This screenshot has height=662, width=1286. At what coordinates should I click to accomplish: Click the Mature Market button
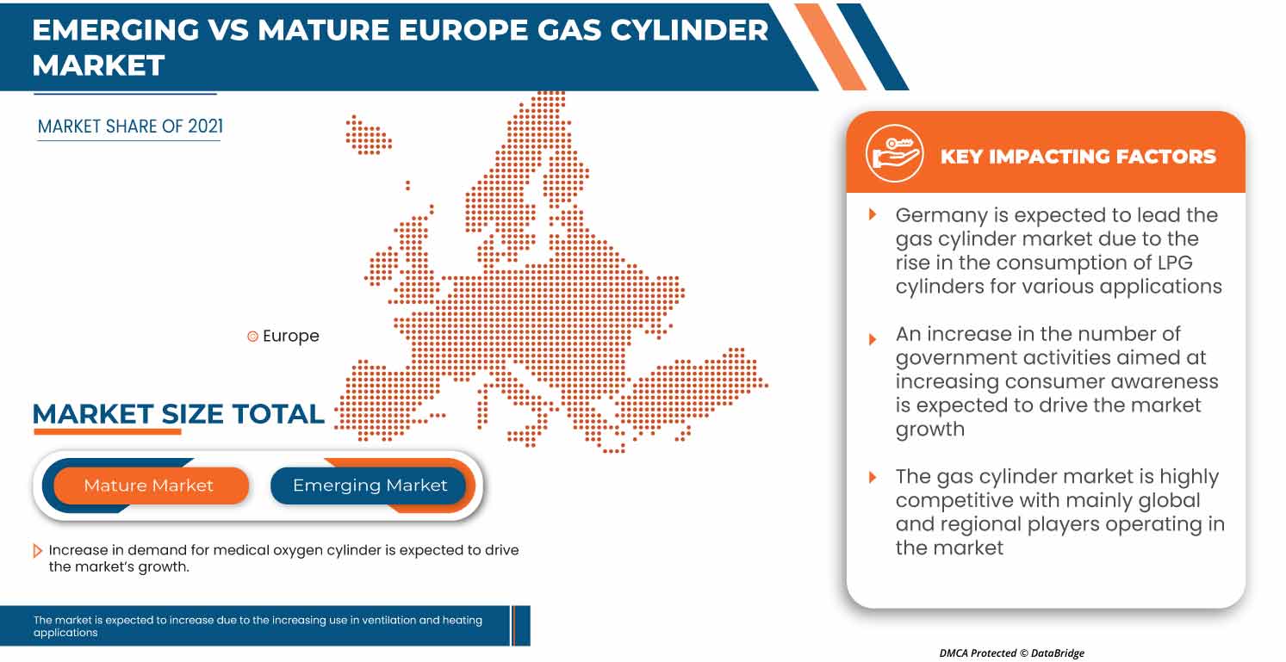(x=148, y=486)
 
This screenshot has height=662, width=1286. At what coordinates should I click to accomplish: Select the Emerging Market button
(x=370, y=486)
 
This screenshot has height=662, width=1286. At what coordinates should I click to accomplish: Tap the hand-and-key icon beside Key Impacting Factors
(x=894, y=154)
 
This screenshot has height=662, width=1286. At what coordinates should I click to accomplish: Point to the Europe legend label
(x=290, y=337)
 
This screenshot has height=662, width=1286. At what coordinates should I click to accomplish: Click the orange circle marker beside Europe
(x=252, y=337)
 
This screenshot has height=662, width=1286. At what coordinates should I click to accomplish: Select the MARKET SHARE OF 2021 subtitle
(x=130, y=127)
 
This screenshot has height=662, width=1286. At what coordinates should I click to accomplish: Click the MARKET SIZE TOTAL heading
(x=178, y=414)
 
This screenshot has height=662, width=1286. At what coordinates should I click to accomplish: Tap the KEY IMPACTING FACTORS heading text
(x=1078, y=157)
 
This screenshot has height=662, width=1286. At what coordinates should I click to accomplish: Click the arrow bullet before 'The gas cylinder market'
(x=873, y=477)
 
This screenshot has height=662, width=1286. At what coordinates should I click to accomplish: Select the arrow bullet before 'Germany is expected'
(x=873, y=214)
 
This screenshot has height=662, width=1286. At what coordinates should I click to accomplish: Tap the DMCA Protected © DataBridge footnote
(x=1011, y=653)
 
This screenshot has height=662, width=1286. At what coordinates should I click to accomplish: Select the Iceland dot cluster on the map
(x=368, y=135)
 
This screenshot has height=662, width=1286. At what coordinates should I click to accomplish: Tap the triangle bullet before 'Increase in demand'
(x=38, y=551)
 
